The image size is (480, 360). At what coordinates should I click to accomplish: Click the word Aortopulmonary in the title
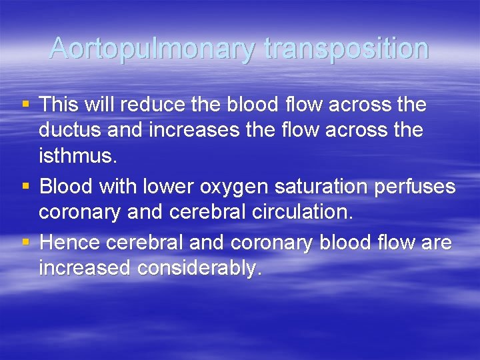click(x=153, y=49)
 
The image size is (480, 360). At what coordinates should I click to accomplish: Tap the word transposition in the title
click(x=346, y=49)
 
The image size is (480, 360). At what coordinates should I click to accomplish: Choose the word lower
click(x=165, y=187)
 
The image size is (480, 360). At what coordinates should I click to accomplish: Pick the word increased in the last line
click(x=85, y=268)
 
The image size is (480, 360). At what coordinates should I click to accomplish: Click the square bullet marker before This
click(x=25, y=105)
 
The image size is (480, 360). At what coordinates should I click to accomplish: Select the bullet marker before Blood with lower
click(x=25, y=187)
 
